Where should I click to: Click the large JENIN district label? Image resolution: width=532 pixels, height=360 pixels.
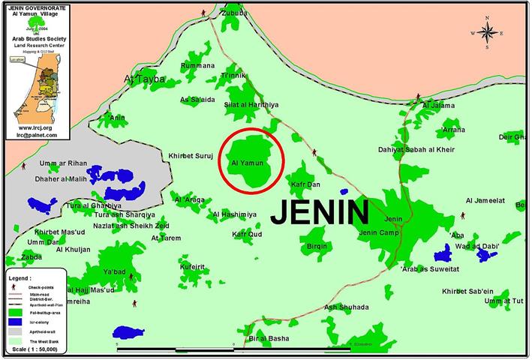coord(320,211)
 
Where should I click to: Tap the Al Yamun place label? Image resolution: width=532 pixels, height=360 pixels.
coord(245,162)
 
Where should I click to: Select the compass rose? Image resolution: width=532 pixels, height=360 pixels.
coord(486,32)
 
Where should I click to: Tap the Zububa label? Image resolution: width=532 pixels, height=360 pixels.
coord(233,13)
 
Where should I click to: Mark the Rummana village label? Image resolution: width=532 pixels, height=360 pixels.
coord(197,66)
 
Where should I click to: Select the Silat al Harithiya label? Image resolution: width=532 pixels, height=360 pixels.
coord(251,104)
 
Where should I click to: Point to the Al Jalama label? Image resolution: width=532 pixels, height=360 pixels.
coord(439,105)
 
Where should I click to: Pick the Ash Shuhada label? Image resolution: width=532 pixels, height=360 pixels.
coord(346,307)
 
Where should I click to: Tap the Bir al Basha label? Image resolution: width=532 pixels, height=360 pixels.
coord(269,339)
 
